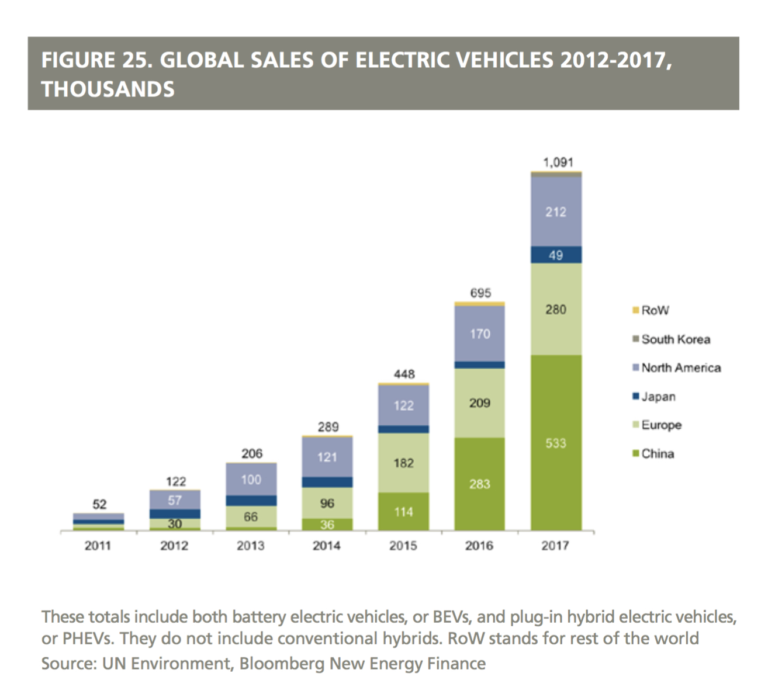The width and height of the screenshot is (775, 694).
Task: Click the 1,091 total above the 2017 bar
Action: (558, 162)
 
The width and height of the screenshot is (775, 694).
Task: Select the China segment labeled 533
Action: (555, 443)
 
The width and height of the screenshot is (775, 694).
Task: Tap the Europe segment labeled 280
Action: (555, 309)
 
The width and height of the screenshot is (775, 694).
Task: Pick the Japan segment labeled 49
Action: (555, 255)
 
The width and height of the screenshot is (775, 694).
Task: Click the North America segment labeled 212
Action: (555, 211)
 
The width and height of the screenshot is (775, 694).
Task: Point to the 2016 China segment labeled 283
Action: (479, 484)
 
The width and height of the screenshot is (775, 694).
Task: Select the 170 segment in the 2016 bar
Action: (479, 334)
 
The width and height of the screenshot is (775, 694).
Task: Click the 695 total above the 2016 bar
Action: (480, 293)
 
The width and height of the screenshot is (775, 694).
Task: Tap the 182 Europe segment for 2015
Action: (403, 463)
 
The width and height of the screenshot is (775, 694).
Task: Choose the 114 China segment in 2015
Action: (403, 512)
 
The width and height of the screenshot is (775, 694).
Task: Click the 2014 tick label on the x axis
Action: (326, 546)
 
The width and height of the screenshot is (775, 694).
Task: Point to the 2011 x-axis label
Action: (98, 546)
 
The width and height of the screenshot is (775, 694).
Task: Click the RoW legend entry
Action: (654, 310)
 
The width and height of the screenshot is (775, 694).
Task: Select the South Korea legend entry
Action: (675, 339)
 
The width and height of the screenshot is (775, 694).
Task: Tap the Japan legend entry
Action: (658, 397)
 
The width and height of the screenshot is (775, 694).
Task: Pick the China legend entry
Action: (657, 454)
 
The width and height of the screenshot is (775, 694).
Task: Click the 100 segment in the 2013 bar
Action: (251, 480)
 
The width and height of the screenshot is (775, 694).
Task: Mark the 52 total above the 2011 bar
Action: (99, 504)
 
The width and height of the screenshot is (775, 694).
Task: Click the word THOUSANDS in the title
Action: (108, 89)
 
